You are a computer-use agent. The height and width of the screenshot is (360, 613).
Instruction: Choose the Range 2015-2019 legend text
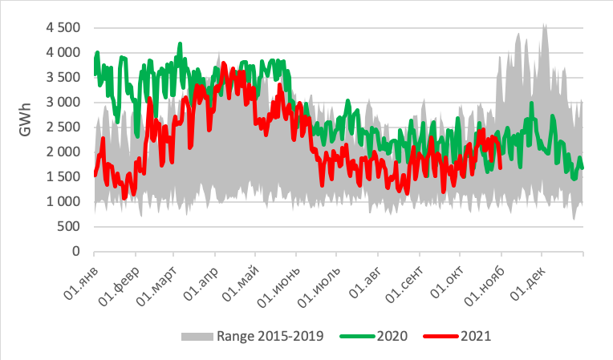pyautogui.click(x=270, y=336)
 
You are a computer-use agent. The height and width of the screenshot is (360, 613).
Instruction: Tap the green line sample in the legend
pyautogui.click(x=354, y=336)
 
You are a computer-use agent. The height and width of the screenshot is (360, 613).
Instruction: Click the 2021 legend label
pyautogui.click(x=475, y=336)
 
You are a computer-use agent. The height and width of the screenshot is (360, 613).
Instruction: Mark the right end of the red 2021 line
pyautogui.click(x=501, y=168)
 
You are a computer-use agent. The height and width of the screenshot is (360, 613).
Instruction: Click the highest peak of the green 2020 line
pyautogui.click(x=180, y=43)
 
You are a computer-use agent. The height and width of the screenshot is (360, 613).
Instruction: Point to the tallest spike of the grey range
pyautogui.click(x=545, y=25)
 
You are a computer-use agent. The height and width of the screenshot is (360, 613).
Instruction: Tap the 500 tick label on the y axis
pyautogui.click(x=68, y=226)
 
